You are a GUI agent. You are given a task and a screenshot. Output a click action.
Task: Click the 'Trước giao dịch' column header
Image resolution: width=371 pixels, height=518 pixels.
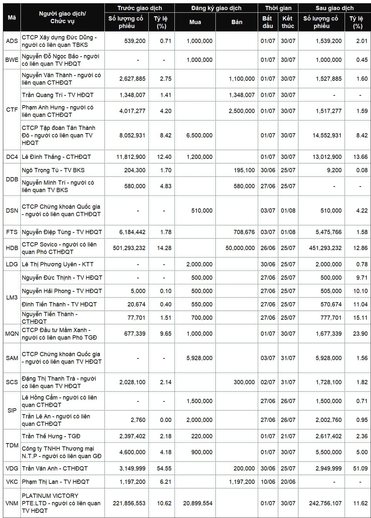[x=139, y=8]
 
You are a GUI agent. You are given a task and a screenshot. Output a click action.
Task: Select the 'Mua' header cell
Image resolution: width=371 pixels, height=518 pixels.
[x=195, y=22]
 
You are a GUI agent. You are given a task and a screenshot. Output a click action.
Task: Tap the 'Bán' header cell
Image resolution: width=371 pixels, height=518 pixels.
[x=237, y=22]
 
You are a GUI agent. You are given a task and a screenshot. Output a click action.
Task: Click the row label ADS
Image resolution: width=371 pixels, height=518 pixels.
[x=12, y=41]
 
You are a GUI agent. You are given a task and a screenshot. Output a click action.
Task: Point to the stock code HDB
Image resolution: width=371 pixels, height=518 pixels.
[x=12, y=248]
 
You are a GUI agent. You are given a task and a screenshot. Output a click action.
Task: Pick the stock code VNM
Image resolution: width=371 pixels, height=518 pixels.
[x=12, y=503]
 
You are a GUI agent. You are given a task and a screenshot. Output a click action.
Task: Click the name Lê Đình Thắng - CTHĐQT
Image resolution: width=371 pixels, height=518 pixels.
[x=56, y=157]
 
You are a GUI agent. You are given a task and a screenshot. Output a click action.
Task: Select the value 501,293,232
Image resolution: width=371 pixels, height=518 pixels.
[x=129, y=248]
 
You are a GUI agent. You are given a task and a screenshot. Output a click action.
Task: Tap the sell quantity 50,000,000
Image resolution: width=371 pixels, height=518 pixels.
[x=240, y=248]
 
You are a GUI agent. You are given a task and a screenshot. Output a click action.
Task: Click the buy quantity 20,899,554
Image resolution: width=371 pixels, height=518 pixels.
[x=198, y=503]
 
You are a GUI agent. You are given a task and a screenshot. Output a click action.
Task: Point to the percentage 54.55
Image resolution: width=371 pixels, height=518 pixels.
[x=164, y=469]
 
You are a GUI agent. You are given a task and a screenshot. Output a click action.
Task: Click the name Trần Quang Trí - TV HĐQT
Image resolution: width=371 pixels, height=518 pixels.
[x=58, y=95]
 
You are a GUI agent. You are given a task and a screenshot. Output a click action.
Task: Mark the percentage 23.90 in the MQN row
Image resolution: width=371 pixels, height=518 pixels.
[x=360, y=334]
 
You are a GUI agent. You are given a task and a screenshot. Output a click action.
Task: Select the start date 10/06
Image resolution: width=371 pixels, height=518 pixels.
[x=268, y=482]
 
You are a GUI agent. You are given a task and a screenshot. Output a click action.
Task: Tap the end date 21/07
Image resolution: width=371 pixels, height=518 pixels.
[x=288, y=436]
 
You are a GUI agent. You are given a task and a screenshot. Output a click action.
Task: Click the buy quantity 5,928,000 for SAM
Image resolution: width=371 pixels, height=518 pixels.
[x=199, y=358]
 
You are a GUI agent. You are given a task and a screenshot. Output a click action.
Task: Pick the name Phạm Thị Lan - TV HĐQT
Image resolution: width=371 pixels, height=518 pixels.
[x=55, y=482]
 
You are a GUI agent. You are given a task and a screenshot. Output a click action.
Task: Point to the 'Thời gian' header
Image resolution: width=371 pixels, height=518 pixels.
[x=278, y=8]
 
